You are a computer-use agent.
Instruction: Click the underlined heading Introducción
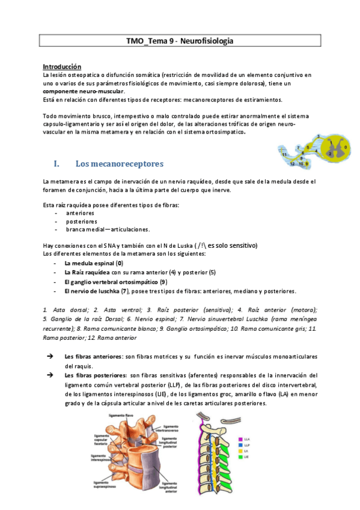click(x=63, y=66)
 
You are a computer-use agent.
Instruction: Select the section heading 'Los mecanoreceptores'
click(x=119, y=164)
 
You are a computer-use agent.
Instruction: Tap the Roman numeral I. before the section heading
click(x=57, y=164)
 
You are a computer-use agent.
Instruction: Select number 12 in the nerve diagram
click(x=292, y=163)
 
